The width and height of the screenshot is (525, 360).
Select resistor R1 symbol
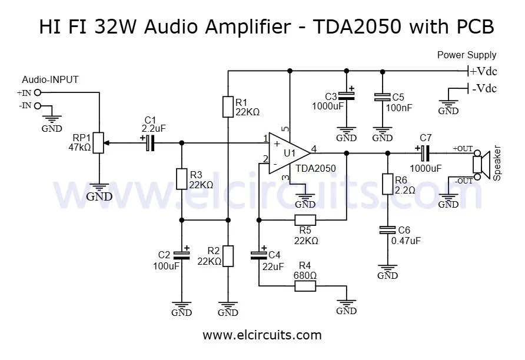(x=228, y=106)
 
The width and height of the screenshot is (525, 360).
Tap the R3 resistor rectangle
(x=182, y=179)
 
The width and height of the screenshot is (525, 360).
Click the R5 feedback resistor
(x=305, y=221)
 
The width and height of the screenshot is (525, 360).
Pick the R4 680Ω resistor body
(x=305, y=286)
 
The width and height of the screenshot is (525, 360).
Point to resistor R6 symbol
(x=387, y=184)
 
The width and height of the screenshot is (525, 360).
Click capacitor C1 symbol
(x=149, y=142)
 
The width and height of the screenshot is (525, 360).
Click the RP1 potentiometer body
(x=99, y=142)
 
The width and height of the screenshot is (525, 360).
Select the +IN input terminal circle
(x=38, y=93)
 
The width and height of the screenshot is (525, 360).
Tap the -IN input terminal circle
(x=38, y=106)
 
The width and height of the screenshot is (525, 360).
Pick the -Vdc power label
(x=483, y=89)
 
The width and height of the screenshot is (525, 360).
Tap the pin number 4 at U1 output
(x=314, y=148)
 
